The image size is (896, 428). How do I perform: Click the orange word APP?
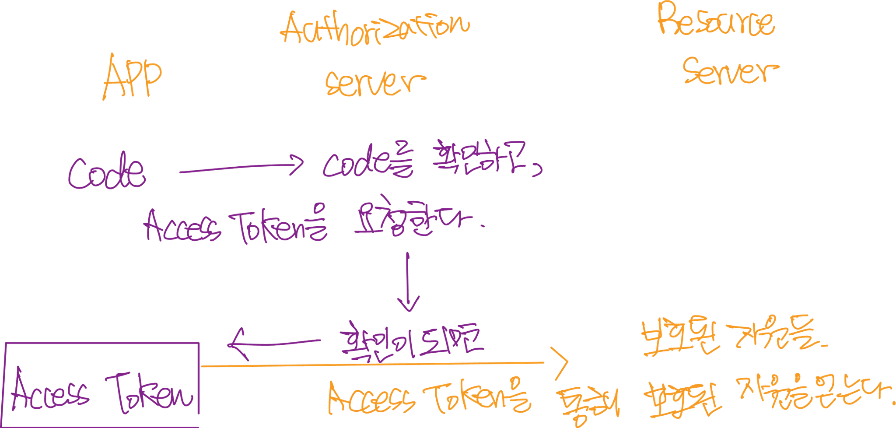(x=133, y=78)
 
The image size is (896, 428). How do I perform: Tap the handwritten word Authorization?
(x=375, y=28)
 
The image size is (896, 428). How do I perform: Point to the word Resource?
(x=716, y=21)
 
